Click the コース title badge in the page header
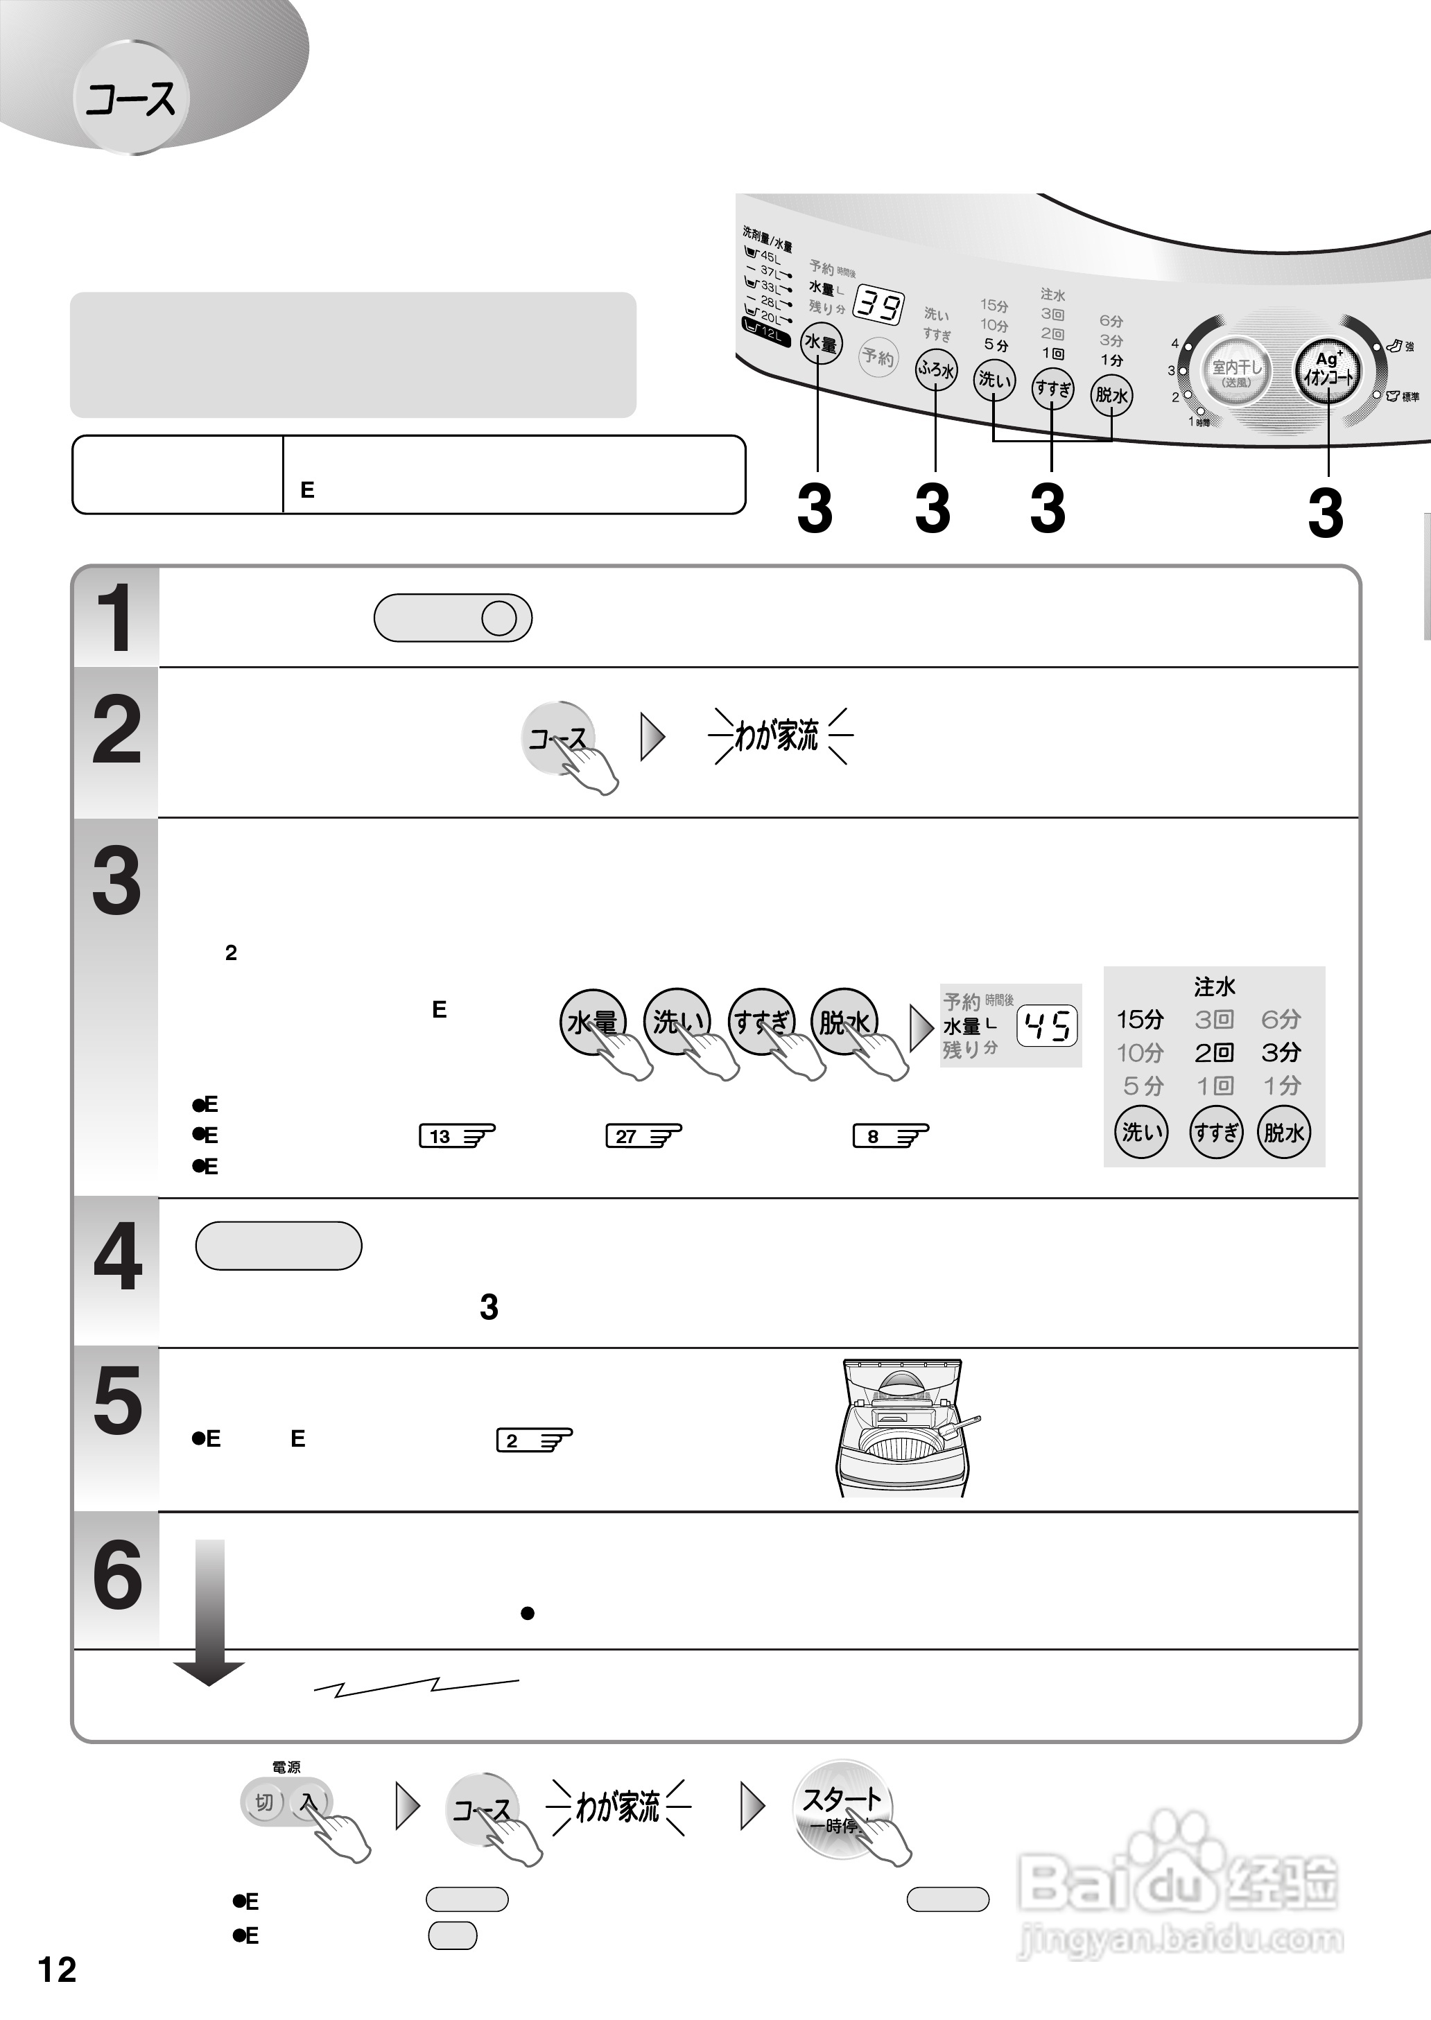tap(130, 98)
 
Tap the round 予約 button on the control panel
tap(877, 357)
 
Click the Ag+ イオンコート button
tap(1327, 370)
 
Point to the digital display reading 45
tap(1047, 1025)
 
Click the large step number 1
tap(115, 618)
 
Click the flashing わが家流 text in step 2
tap(777, 735)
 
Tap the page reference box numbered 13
tap(456, 1136)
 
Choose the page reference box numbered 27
tap(643, 1136)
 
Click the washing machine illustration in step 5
tap(904, 1428)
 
